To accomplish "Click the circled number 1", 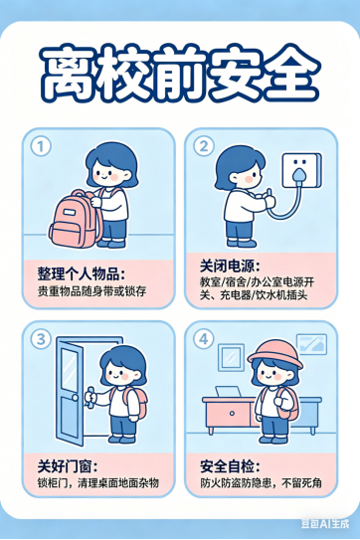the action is point(41,146).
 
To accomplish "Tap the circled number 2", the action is point(204,146).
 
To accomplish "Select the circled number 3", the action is point(41,339).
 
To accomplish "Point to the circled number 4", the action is point(204,339).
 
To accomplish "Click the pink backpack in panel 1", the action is point(75,219).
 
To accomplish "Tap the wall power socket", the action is point(301,171).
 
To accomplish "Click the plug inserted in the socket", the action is point(298,175).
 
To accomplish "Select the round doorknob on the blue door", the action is point(75,398).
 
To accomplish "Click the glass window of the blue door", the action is point(69,370).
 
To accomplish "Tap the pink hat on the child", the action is point(274,354).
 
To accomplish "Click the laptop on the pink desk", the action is point(228,392).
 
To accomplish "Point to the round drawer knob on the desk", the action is point(232,413).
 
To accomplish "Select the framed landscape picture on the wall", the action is point(312,344).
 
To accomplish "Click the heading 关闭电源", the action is point(230,267).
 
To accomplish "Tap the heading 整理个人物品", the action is point(82,274).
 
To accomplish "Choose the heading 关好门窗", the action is point(68,466).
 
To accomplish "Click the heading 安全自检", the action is point(230,466).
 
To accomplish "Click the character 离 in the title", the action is point(67,74).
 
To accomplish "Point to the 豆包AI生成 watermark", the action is point(325,523).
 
